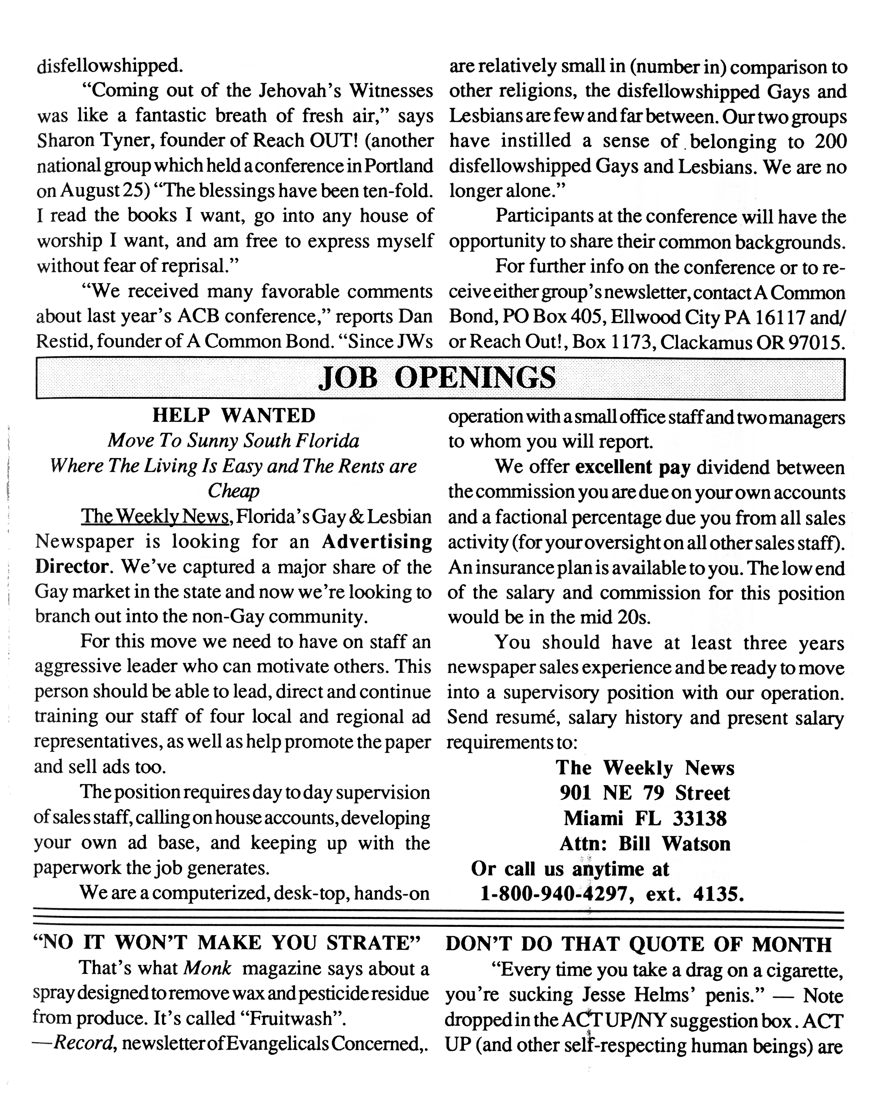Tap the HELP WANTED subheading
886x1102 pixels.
(x=234, y=415)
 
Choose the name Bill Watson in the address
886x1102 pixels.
(x=674, y=844)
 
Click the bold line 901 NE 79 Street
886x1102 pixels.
(x=645, y=793)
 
